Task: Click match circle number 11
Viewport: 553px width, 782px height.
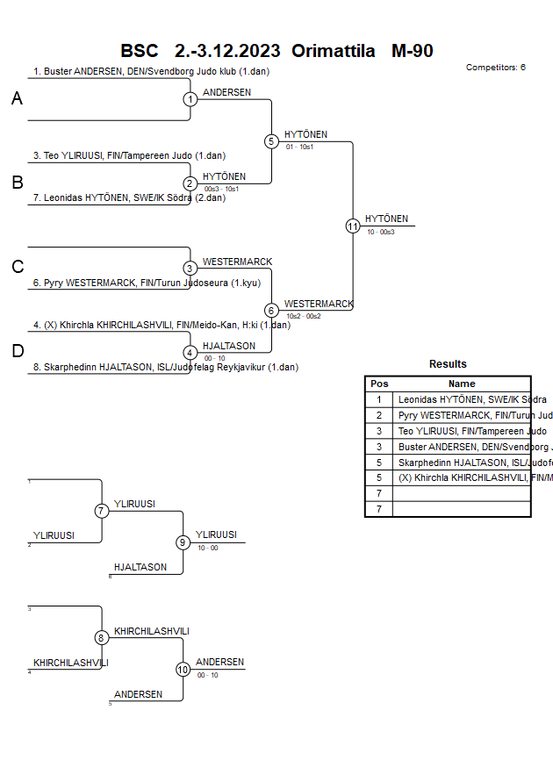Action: pos(353,226)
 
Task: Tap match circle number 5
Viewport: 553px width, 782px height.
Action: pos(271,141)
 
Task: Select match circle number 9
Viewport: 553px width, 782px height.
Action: pos(183,542)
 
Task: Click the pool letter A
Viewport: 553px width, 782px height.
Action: pos(17,99)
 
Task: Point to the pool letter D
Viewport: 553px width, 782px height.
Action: pos(17,351)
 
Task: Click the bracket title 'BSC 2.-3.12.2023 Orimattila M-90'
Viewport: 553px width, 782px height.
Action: pos(276,51)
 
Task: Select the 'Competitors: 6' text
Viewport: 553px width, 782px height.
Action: pos(496,68)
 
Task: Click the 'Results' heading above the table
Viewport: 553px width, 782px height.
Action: pos(448,364)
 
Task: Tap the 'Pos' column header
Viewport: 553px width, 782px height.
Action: pos(379,384)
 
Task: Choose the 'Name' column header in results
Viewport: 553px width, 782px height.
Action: pos(462,384)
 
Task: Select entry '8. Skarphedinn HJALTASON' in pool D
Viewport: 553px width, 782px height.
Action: pos(167,368)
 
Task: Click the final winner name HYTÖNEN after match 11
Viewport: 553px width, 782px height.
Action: pos(386,219)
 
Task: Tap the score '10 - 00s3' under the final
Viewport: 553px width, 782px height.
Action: pos(381,232)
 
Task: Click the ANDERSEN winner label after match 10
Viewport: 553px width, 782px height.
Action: pos(219,663)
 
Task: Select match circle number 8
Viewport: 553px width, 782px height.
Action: pos(102,638)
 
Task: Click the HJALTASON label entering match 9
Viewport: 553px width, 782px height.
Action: pos(140,568)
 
